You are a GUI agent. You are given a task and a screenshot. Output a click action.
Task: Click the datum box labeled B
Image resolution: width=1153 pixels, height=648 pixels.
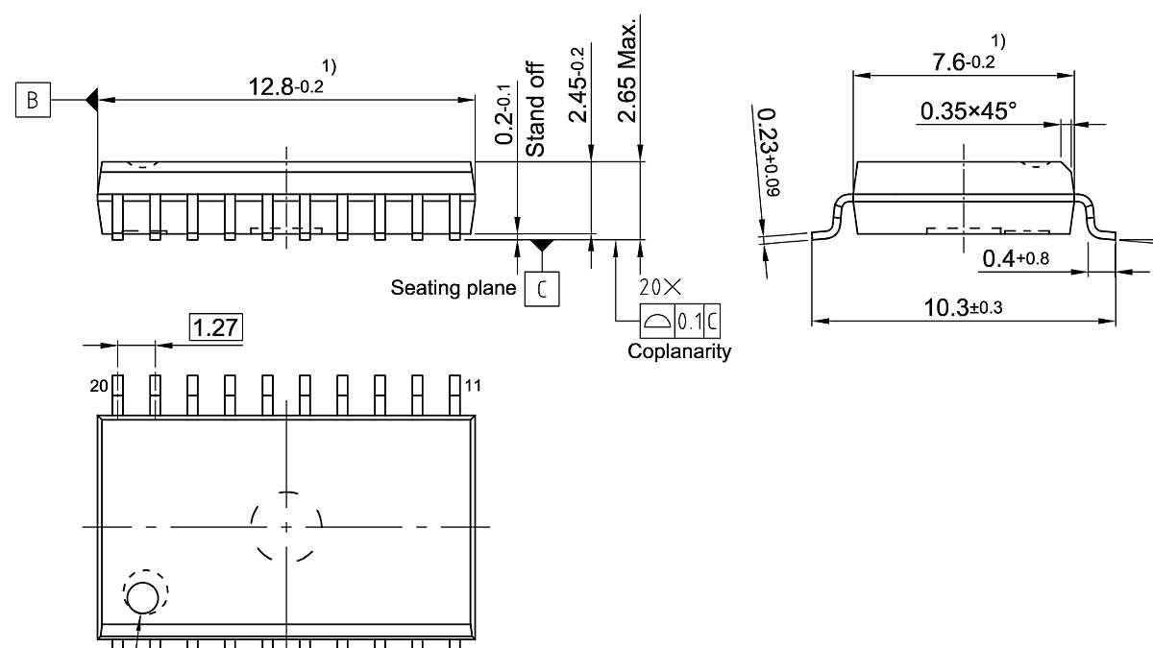point(34,100)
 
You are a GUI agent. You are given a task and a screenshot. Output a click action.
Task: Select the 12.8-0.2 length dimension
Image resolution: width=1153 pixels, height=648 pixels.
point(285,86)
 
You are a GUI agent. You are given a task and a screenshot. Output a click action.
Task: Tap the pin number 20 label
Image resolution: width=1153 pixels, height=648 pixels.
point(99,386)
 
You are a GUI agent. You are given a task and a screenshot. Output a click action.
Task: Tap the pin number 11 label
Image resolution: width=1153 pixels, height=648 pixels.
point(473,386)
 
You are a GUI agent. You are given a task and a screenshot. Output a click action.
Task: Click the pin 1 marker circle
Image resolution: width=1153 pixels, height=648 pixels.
point(144,597)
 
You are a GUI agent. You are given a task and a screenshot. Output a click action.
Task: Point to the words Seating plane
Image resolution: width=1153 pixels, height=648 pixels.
point(453,288)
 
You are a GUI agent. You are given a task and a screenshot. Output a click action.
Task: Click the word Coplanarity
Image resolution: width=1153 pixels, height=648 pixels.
point(679,351)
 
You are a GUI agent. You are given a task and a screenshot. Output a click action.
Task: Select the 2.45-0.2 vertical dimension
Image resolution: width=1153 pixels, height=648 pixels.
point(578,86)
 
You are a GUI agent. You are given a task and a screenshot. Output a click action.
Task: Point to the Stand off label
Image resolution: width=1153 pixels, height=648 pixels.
point(535,109)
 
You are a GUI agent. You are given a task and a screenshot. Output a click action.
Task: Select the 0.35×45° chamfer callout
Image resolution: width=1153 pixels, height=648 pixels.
point(979,111)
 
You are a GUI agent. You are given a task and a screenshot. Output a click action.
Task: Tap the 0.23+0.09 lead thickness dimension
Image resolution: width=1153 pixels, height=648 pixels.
point(768,154)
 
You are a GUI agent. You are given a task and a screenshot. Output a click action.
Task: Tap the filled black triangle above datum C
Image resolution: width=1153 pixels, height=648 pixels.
point(543,246)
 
